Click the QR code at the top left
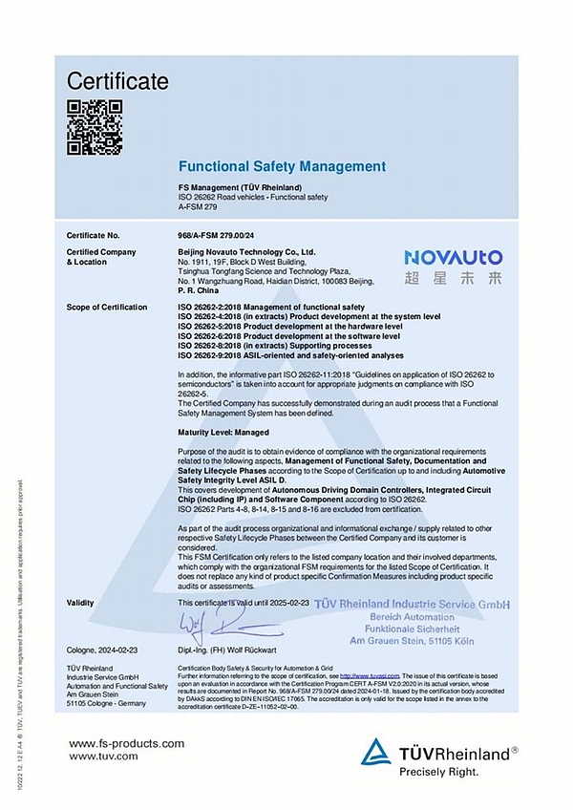(x=95, y=127)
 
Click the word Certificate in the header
(x=117, y=82)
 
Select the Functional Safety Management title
(x=282, y=166)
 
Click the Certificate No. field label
(x=94, y=234)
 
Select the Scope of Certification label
(x=107, y=307)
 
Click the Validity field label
(x=80, y=604)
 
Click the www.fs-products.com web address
(x=126, y=743)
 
